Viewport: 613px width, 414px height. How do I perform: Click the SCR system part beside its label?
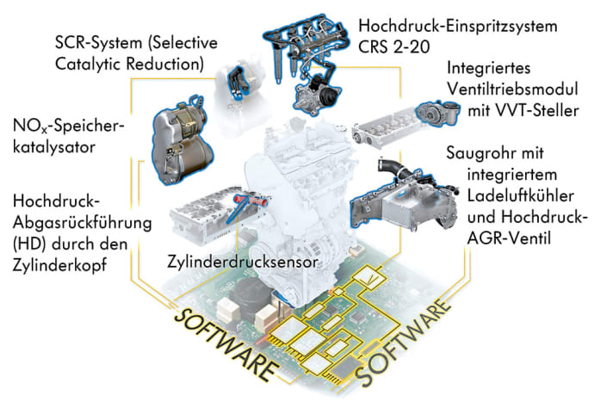click(232, 82)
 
